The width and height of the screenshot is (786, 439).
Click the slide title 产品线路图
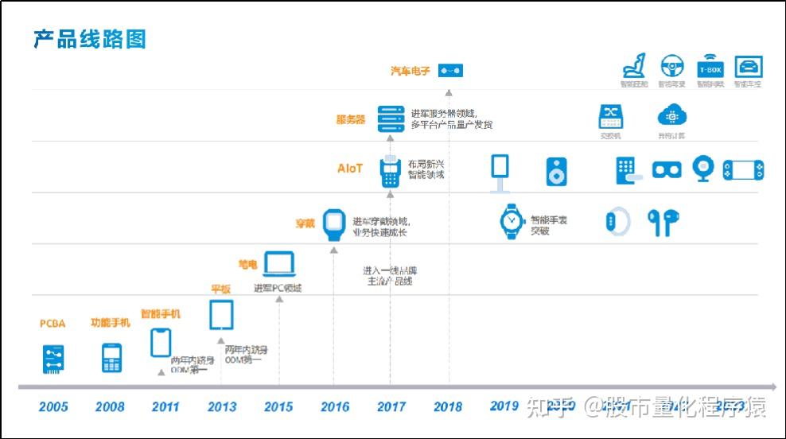[x=90, y=39]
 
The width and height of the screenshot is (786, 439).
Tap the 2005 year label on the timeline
[x=53, y=406]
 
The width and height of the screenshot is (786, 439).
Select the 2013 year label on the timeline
[x=222, y=406]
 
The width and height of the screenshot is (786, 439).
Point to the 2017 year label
[x=391, y=406]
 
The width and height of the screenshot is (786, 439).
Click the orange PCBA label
[x=53, y=324]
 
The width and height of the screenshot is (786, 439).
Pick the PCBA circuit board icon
[x=53, y=359]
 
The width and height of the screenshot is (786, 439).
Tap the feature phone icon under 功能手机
[x=111, y=358]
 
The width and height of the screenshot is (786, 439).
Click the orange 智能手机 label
[x=161, y=314]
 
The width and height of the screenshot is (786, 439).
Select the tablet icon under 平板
[x=221, y=315]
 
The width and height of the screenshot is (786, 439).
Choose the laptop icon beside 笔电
[x=279, y=263]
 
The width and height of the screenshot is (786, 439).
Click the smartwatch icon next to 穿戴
[x=335, y=223]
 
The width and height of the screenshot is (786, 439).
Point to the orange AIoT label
[x=350, y=168]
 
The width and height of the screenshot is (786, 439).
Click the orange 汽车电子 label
[x=411, y=71]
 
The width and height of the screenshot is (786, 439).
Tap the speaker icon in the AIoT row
[x=557, y=171]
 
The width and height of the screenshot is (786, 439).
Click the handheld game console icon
[x=743, y=170]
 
